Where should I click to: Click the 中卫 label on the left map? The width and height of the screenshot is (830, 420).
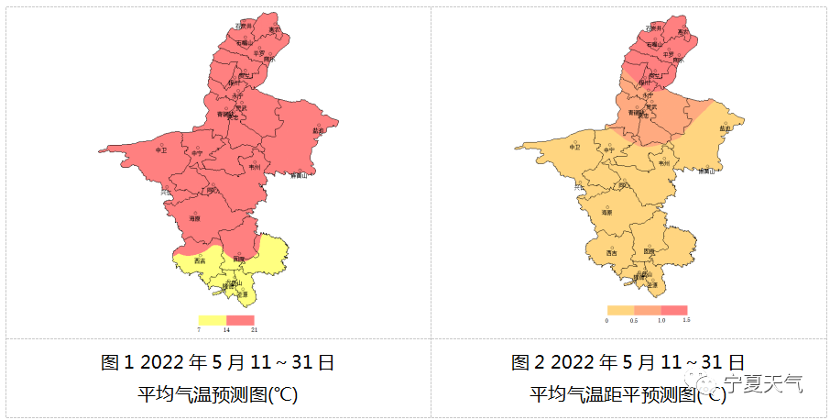coord(162,149)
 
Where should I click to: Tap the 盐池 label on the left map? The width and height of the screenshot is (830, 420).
coord(319,129)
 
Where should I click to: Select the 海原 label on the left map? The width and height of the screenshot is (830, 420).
coord(194,218)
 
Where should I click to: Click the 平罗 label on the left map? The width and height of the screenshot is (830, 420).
coord(259,54)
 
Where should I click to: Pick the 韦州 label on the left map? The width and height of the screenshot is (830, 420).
coord(255,167)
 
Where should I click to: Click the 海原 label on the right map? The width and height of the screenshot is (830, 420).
coord(606,212)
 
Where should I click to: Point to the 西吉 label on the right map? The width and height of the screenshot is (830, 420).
coord(612,253)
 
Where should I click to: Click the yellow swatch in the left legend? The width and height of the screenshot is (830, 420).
coord(213,319)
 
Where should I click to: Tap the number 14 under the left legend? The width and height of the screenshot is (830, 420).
coord(226,329)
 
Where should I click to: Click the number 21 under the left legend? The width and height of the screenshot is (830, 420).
coord(254,329)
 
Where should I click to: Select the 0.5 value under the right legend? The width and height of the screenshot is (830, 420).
coord(634,321)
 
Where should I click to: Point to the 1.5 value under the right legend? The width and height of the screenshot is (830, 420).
coord(685,321)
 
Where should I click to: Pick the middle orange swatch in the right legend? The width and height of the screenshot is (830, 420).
coord(647,311)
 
